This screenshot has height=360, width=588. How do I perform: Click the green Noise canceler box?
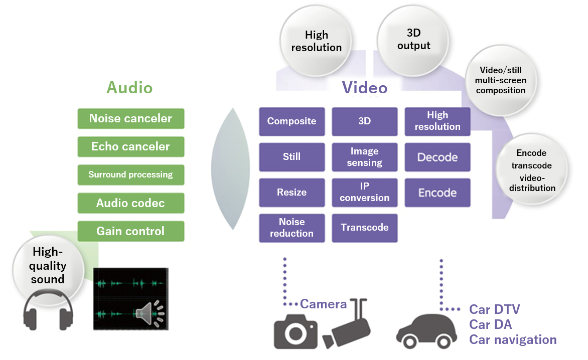[130, 119]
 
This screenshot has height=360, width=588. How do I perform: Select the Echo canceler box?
[130, 147]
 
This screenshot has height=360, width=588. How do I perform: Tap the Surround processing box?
[130, 175]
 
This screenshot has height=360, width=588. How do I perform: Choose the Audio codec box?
[130, 204]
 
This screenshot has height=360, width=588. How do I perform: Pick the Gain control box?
[130, 232]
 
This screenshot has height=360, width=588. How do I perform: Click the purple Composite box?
[291, 121]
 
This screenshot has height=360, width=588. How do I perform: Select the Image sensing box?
[364, 157]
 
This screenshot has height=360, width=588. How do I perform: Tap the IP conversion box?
[364, 193]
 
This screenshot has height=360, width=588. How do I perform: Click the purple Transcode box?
[364, 228]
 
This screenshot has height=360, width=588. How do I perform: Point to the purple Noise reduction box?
[291, 228]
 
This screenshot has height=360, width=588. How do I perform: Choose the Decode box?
[437, 157]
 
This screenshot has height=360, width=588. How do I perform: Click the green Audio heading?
[129, 88]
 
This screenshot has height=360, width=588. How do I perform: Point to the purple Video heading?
[365, 88]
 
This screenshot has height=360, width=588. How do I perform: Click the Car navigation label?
[513, 340]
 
